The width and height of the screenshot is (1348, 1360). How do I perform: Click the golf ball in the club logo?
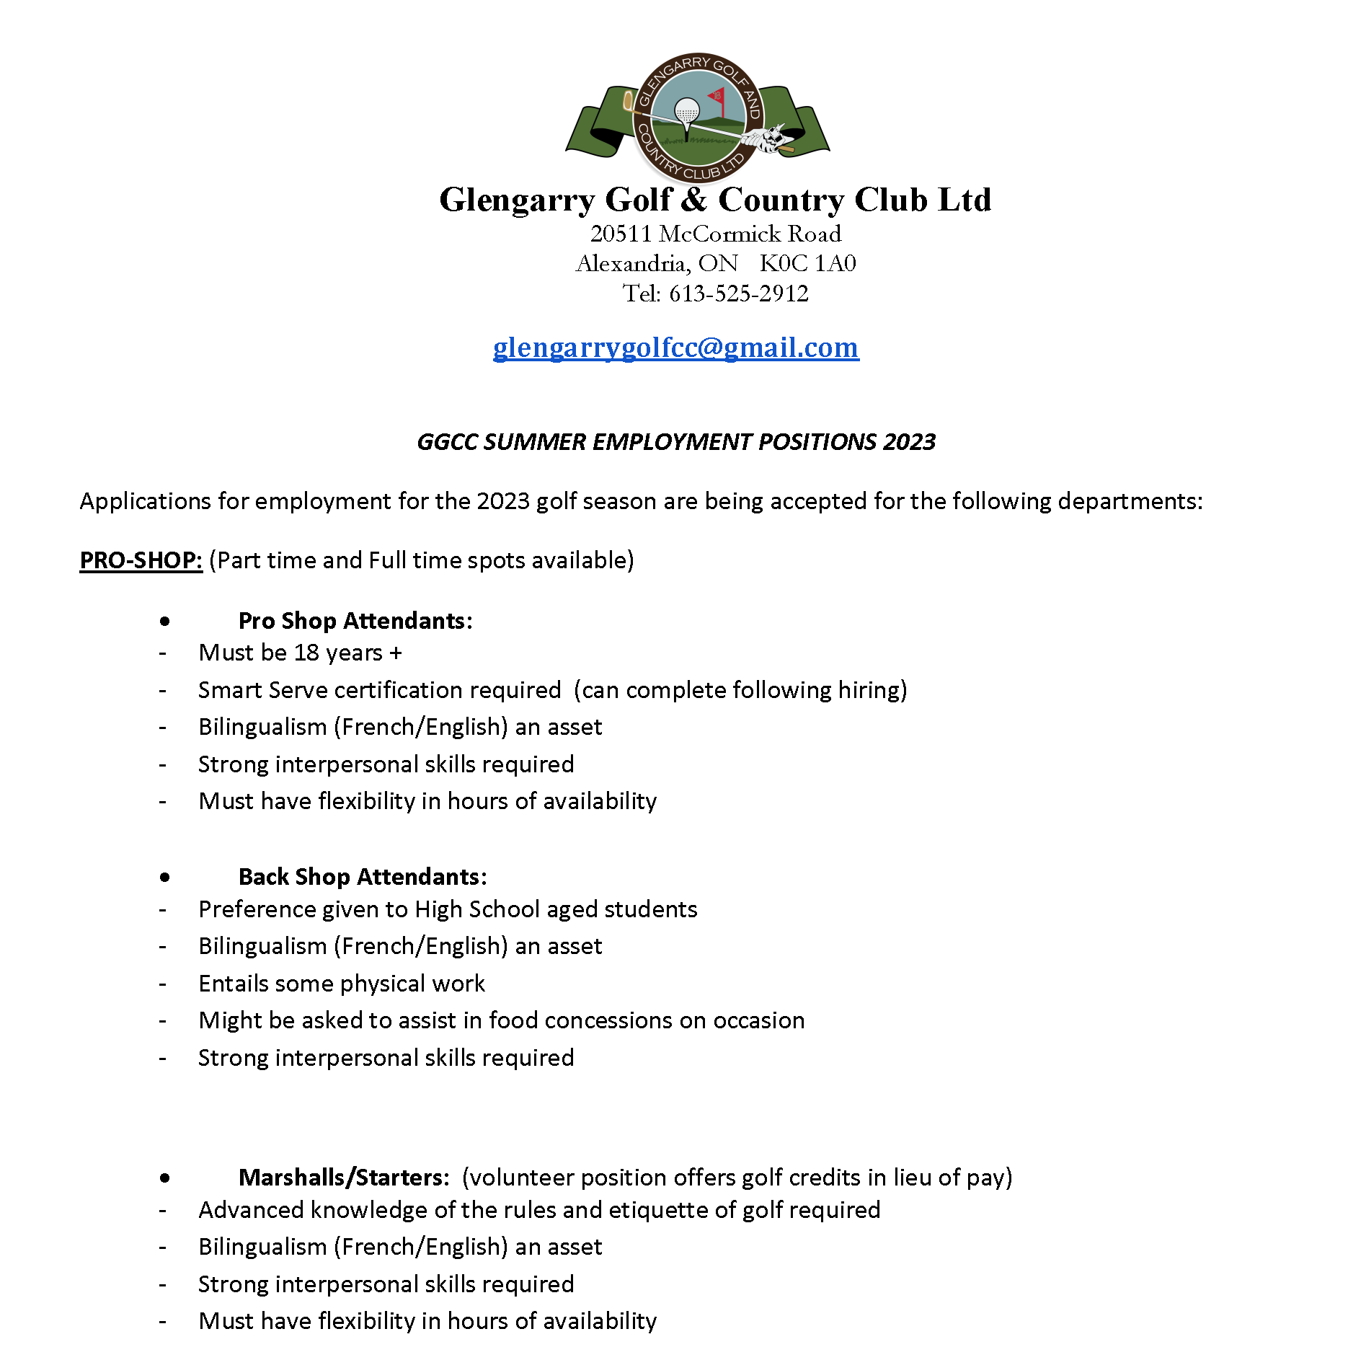tap(686, 111)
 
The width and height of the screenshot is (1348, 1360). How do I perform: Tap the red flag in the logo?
tap(717, 95)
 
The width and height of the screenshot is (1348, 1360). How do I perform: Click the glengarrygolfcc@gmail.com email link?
tap(675, 348)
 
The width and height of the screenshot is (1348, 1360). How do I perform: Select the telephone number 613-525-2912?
tap(738, 293)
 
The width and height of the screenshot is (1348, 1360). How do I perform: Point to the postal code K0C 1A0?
tap(807, 263)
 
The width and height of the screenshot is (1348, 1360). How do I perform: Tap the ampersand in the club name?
tap(693, 200)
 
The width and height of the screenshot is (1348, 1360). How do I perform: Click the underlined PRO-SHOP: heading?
tap(141, 560)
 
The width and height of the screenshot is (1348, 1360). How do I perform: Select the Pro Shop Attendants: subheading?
tap(355, 621)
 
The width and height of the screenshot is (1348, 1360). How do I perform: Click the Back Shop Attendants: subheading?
tap(363, 877)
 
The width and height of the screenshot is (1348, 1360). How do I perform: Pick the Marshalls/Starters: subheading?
tap(344, 1178)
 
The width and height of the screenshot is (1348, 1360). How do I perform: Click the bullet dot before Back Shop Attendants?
tap(165, 878)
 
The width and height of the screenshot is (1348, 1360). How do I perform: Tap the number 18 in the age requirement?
tap(306, 653)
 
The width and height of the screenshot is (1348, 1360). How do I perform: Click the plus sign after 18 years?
tap(395, 653)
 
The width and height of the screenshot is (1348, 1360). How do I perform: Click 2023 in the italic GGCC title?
tap(909, 442)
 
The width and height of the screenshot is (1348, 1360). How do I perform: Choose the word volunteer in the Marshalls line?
tap(521, 1178)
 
